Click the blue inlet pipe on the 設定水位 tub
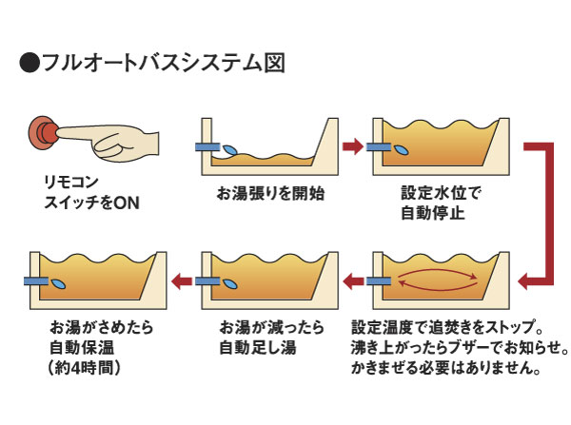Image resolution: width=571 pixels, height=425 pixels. [x=383, y=146]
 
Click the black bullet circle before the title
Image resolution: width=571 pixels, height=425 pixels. [x=30, y=64]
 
